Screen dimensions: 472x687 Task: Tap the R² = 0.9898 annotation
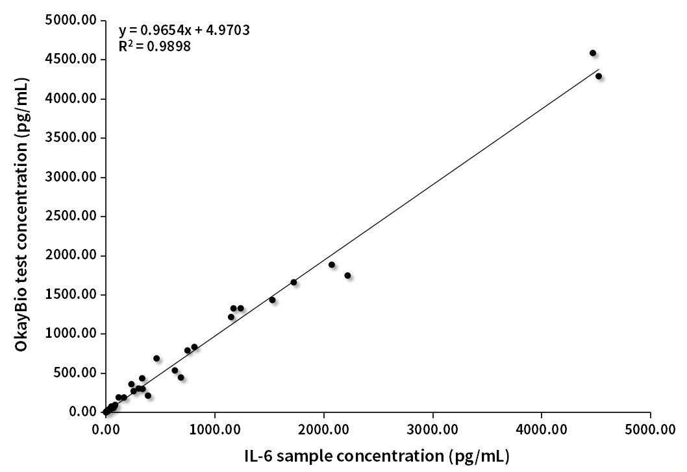click(155, 46)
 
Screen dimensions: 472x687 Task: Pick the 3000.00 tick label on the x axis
click(432, 429)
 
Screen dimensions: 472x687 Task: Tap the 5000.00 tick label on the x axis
click(651, 429)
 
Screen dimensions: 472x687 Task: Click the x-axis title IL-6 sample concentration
click(378, 455)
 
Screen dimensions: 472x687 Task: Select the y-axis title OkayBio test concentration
click(21, 217)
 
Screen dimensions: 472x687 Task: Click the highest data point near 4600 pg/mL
click(592, 53)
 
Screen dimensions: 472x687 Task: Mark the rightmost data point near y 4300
click(599, 76)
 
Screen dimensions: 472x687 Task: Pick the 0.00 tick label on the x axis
click(106, 429)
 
